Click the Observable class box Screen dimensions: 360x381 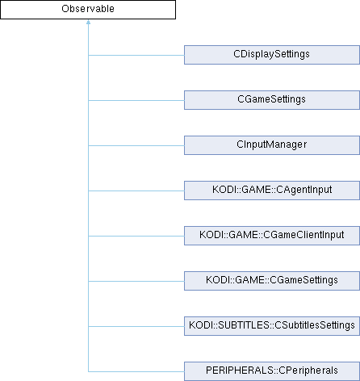tap(88, 10)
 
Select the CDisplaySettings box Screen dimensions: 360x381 tap(272, 55)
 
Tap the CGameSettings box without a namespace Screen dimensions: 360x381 tap(272, 100)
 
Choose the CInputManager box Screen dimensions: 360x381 tap(272, 145)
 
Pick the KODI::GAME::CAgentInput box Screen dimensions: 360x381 tap(272, 190)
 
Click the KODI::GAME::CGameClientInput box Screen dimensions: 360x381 tap(272, 236)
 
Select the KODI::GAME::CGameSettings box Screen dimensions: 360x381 tap(272, 281)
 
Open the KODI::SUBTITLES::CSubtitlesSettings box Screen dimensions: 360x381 tap(272, 326)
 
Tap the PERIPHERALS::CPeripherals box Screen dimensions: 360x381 tap(272, 371)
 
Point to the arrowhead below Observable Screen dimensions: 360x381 tap(88, 22)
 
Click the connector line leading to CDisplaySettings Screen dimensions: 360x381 tap(136, 55)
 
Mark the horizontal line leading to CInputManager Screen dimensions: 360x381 tap(136, 145)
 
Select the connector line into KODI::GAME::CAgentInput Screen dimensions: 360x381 tap(136, 190)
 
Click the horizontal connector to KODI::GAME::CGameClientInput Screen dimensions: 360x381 tap(136, 236)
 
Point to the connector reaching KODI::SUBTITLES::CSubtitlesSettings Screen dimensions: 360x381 tap(136, 326)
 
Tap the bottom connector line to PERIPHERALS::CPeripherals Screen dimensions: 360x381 tap(136, 371)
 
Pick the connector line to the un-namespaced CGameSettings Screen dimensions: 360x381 tap(136, 100)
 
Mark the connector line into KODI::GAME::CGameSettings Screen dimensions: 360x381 tap(136, 281)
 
